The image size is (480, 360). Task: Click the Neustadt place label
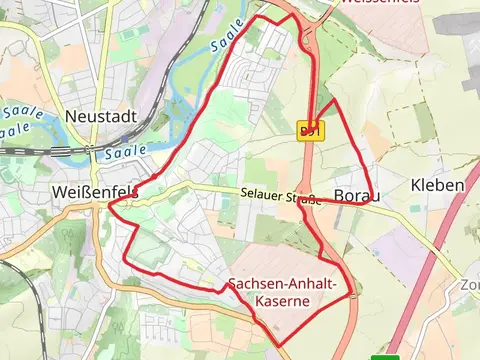(x=100, y=117)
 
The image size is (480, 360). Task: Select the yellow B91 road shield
(x=310, y=131)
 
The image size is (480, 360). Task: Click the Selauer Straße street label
(x=279, y=196)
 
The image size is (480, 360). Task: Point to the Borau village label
(x=357, y=196)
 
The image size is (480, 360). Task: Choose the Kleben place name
(x=437, y=185)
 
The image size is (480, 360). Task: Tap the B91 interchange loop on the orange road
(x=310, y=20)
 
